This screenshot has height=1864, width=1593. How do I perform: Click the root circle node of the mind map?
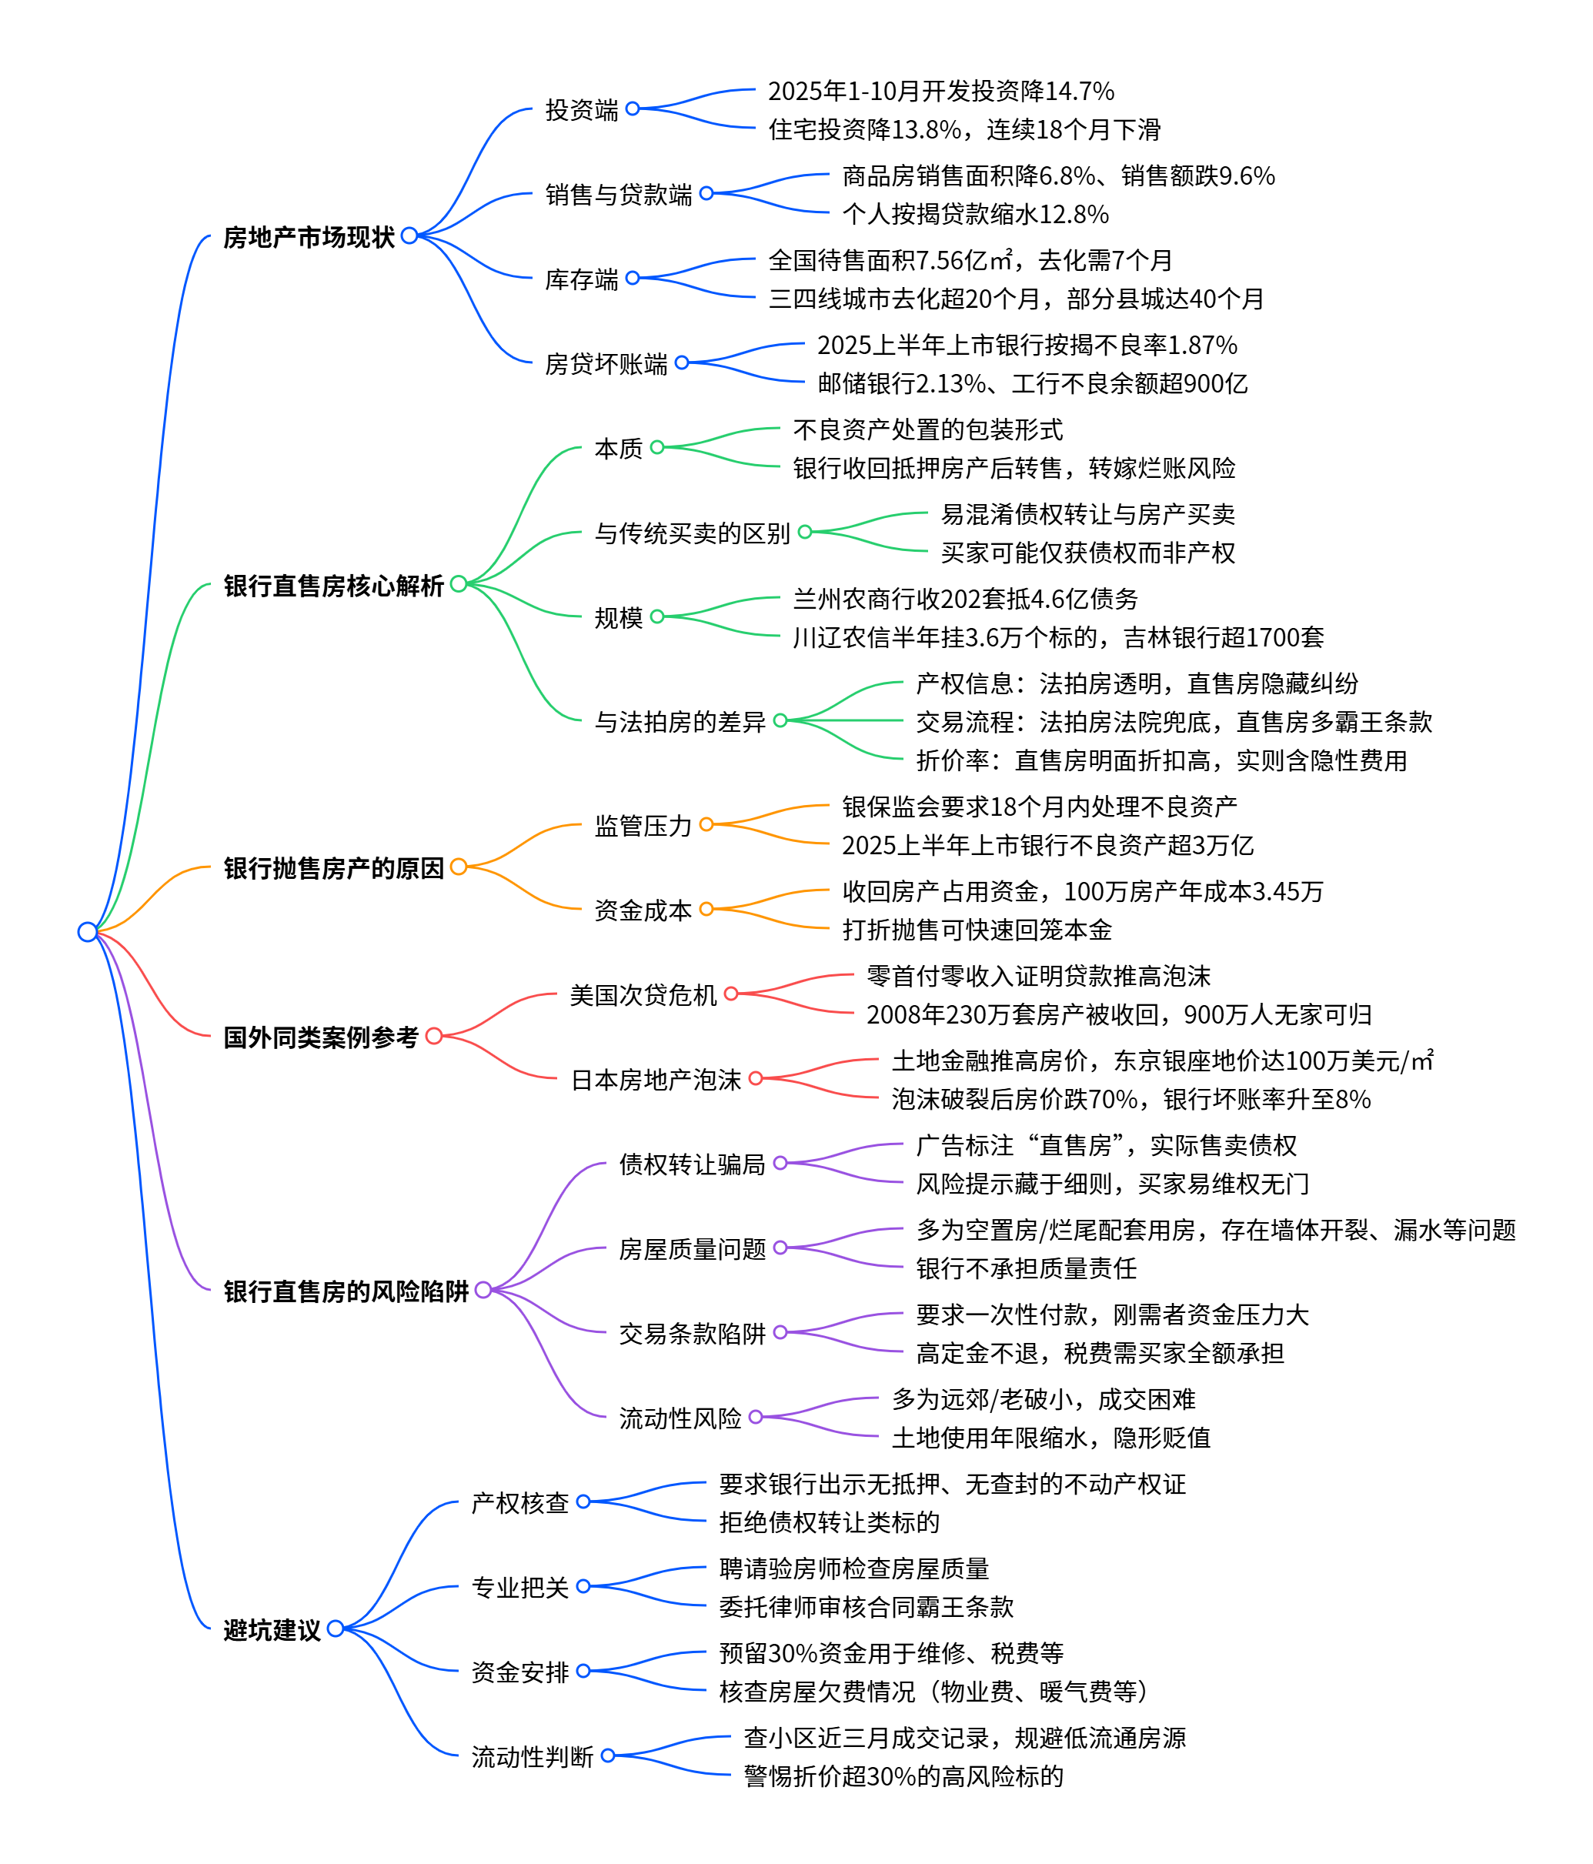(87, 931)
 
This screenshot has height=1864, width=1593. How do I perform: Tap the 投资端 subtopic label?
(581, 110)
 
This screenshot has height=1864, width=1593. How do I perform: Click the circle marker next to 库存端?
(633, 278)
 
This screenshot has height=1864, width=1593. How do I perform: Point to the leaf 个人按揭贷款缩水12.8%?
(975, 214)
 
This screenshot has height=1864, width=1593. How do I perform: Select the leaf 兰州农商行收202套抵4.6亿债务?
(965, 598)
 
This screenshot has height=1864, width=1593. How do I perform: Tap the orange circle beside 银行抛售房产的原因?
(459, 867)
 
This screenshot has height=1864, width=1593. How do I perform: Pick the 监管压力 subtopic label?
(643, 825)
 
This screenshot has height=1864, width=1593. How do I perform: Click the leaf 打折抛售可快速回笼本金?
(977, 929)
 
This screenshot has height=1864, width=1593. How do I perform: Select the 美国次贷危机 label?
(643, 995)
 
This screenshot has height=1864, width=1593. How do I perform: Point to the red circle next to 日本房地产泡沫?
(756, 1077)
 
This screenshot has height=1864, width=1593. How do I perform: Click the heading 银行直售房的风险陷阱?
(346, 1291)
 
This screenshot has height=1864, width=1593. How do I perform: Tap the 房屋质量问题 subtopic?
(692, 1248)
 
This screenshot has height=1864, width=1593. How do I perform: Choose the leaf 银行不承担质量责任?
(1027, 1268)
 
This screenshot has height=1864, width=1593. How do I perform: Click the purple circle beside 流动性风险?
(756, 1417)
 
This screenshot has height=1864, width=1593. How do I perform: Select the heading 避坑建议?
(272, 1629)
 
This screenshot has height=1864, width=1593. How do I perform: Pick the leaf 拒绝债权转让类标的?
(830, 1522)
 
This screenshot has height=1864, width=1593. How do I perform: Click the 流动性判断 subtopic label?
(532, 1756)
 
